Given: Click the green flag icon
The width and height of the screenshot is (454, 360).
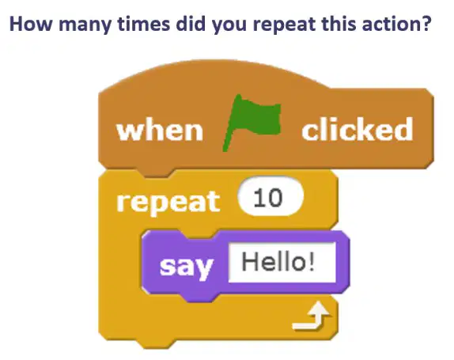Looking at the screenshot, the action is pos(252,122).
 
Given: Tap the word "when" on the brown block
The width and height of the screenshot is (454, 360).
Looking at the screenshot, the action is pos(160,131).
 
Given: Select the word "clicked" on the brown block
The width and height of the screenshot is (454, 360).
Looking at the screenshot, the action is pos(358,129).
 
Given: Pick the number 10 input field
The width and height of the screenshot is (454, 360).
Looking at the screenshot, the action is pos(271,197).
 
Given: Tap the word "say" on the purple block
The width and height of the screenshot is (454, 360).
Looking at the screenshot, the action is pos(187,266).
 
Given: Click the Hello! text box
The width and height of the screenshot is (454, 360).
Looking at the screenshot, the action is pos(282,262).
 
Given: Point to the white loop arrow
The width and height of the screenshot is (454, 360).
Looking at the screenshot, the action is pos(312,316).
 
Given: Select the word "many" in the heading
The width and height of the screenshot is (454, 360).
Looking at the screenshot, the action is pos(85,25).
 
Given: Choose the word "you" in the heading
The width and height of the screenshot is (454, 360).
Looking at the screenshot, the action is pos(229,26).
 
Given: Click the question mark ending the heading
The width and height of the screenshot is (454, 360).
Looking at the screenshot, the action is pos(426,24).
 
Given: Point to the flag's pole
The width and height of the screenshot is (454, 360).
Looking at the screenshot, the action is pos(231,123).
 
